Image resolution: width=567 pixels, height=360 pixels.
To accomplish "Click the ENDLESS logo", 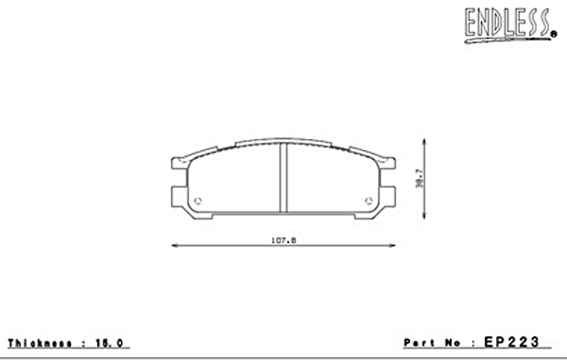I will click(507, 23).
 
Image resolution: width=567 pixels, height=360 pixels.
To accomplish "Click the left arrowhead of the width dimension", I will click(174, 246).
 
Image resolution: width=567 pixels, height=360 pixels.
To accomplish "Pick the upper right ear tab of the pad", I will click(388, 163).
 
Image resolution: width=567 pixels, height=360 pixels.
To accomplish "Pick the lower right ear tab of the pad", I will click(388, 196).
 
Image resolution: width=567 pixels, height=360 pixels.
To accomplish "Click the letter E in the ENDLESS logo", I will click(471, 24).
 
